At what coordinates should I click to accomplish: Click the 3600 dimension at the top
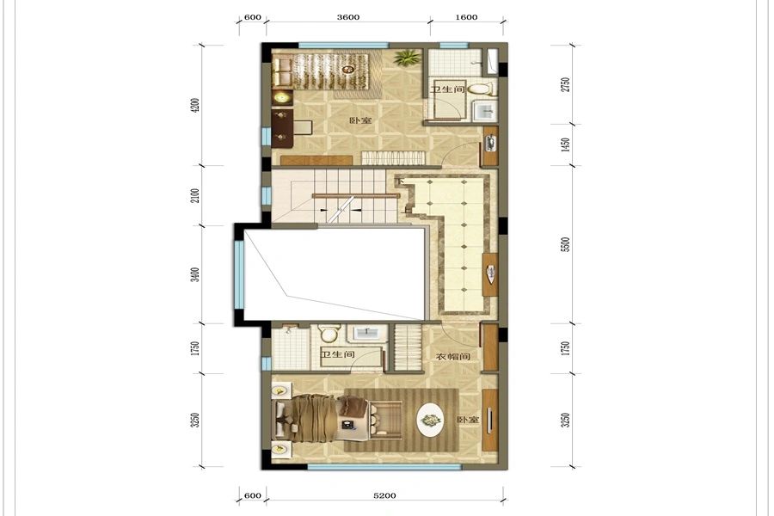click(x=348, y=17)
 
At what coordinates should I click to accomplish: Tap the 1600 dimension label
click(x=466, y=17)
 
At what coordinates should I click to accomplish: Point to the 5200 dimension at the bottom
click(x=384, y=495)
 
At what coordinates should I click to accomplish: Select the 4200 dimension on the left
click(x=195, y=105)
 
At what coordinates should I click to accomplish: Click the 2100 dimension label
click(x=195, y=195)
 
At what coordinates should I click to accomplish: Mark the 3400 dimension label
click(x=195, y=274)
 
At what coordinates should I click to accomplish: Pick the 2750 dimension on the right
click(x=566, y=84)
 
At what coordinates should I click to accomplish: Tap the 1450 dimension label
click(x=566, y=144)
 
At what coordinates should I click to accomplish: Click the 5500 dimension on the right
click(x=566, y=244)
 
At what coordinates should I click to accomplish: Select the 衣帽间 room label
click(x=452, y=357)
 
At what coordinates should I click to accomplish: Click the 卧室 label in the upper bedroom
click(x=360, y=121)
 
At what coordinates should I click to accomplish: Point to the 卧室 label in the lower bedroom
click(x=468, y=420)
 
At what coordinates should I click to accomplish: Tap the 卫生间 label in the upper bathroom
click(x=447, y=89)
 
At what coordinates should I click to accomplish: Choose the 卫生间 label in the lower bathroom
click(x=338, y=354)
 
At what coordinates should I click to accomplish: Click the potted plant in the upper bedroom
click(x=408, y=58)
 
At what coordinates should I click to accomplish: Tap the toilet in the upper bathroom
click(x=480, y=89)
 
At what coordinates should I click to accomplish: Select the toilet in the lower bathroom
click(x=329, y=334)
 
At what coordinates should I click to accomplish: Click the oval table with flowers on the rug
click(x=432, y=421)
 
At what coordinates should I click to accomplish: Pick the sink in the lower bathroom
click(x=367, y=333)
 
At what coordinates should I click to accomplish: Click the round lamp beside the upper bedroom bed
click(x=282, y=98)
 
